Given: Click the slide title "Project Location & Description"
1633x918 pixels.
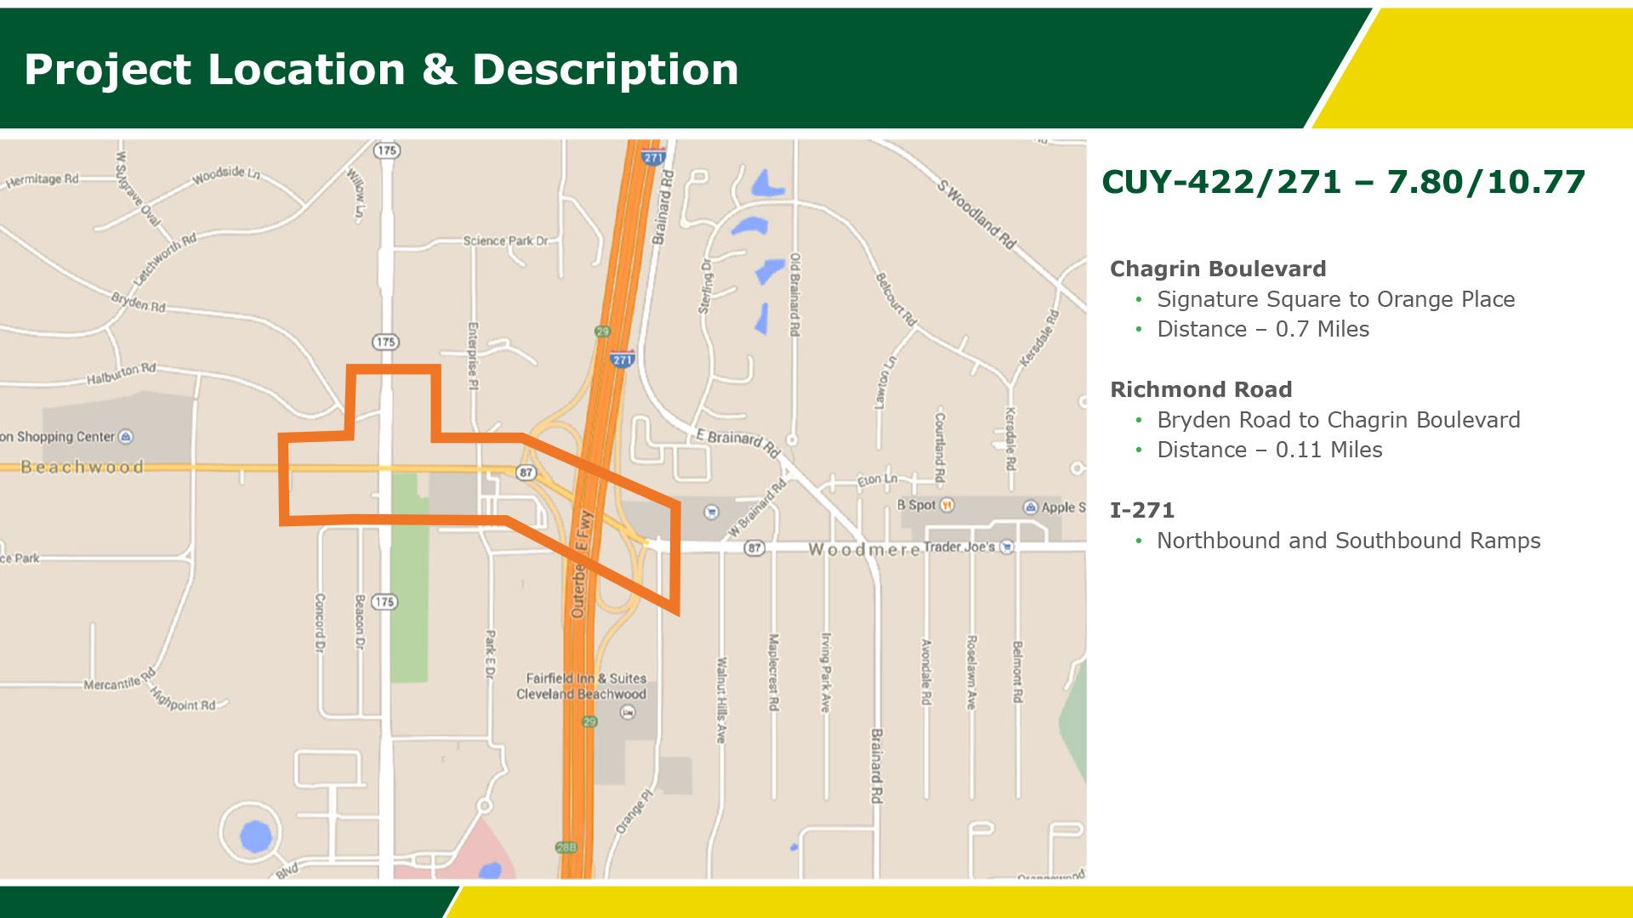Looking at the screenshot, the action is click(381, 70).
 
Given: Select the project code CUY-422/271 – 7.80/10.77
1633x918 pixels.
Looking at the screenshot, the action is click(1343, 182).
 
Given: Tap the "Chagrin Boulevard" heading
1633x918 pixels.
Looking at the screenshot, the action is click(1218, 269).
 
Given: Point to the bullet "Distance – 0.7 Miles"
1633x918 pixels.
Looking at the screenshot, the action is click(1263, 329).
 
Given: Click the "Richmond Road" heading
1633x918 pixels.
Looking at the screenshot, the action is click(1201, 389).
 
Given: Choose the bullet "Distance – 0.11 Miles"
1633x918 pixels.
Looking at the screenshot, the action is click(1269, 450).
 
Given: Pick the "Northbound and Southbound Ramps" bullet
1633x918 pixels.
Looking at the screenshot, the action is click(1348, 541).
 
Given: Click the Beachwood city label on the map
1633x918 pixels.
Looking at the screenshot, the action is click(83, 467).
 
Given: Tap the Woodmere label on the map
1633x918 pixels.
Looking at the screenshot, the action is click(863, 550).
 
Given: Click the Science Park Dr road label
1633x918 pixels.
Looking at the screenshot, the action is click(505, 241).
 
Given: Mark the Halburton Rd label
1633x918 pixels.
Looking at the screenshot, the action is click(122, 374).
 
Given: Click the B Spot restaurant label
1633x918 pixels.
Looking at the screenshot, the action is click(916, 505).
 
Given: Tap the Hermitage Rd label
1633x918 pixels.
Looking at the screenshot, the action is click(42, 180).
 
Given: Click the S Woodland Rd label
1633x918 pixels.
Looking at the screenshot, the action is click(977, 213).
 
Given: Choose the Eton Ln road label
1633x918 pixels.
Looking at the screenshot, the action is click(877, 479).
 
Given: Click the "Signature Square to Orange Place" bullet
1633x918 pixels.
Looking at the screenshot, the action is click(1335, 299).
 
